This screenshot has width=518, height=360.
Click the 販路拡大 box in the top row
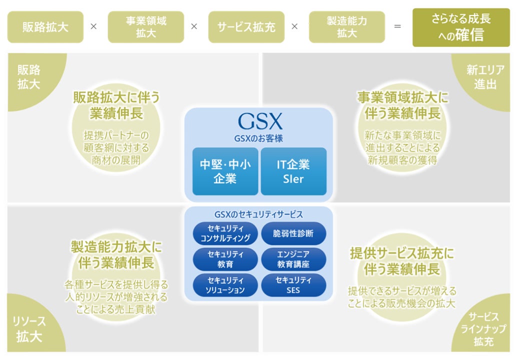click(45, 27)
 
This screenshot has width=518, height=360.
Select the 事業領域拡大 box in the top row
click(146, 27)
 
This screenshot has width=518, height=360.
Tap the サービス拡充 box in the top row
click(246, 27)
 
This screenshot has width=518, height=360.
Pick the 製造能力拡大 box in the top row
click(346, 27)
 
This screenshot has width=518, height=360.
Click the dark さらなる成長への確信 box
click(454, 27)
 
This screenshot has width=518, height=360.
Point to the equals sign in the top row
click(397, 27)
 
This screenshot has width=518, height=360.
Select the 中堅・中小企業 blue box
click(225, 171)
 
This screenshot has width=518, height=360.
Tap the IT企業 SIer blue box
click(293, 171)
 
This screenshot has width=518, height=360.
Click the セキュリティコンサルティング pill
click(225, 233)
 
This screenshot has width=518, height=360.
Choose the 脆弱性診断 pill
click(293, 233)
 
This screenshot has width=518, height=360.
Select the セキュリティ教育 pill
click(225, 259)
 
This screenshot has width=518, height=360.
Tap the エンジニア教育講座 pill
click(293, 259)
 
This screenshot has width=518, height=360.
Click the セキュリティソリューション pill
click(225, 285)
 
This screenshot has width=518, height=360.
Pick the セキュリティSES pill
click(293, 285)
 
